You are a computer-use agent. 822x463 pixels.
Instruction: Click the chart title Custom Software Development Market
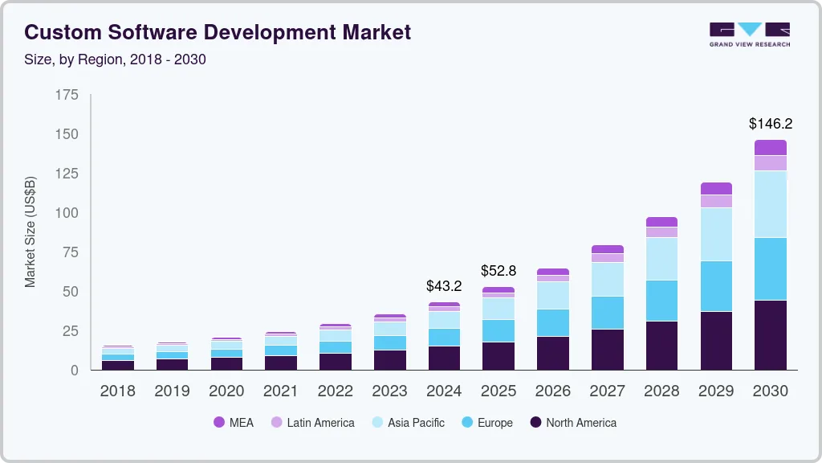coord(218,32)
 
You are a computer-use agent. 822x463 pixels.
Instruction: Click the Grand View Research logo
coord(749,34)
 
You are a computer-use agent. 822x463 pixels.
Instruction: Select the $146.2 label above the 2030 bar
coord(770,123)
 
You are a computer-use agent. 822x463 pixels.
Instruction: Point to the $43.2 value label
coord(444,285)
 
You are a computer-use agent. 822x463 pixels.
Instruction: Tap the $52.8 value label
coord(498,270)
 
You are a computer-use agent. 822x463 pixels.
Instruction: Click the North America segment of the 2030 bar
coord(770,334)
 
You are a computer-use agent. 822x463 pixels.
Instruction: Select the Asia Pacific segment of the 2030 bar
coord(770,203)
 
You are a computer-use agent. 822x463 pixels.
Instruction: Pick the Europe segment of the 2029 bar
coord(715,285)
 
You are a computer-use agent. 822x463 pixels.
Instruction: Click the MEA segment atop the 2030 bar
coord(770,147)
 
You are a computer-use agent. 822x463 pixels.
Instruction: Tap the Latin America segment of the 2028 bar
coord(661,232)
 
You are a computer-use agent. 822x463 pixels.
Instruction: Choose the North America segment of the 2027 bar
coord(607,349)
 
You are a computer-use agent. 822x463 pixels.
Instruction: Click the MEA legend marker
coord(219,422)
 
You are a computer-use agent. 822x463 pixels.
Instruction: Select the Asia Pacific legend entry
coord(416,422)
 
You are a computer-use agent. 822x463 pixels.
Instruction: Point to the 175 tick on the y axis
coord(67,95)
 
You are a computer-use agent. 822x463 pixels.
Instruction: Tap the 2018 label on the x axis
coord(117,391)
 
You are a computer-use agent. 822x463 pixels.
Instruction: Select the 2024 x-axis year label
coord(444,391)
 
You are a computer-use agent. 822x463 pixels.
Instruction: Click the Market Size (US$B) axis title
coord(31,231)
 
